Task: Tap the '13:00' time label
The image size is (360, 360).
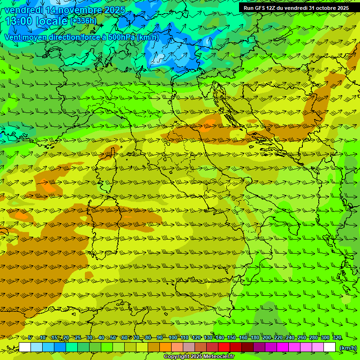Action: [x=19, y=22]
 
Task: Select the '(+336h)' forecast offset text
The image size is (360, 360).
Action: [x=83, y=21]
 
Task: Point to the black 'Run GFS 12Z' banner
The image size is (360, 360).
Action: [x=296, y=8]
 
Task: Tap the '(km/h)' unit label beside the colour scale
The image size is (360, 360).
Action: [x=347, y=348]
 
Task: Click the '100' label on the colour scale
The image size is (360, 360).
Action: [x=173, y=338]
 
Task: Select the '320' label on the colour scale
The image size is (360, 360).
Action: [x=337, y=338]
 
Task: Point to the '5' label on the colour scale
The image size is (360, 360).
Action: [x=30, y=338]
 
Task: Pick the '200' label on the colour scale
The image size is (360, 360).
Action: [x=267, y=338]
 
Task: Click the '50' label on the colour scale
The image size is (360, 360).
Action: [x=113, y=338]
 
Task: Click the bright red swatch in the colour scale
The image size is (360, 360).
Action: [x=224, y=347]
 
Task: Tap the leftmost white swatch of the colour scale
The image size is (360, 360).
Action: [x=25, y=347]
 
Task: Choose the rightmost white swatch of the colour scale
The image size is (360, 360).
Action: [x=330, y=347]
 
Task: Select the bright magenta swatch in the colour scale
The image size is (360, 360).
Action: [x=283, y=347]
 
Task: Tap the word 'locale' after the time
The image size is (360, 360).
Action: [x=52, y=22]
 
